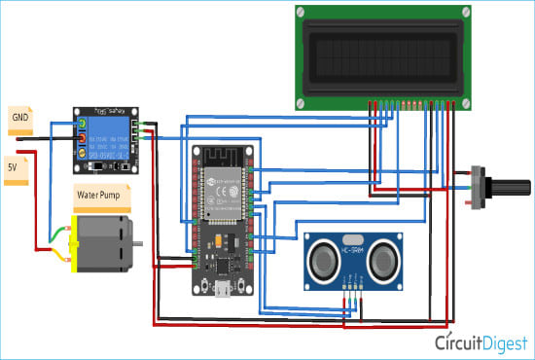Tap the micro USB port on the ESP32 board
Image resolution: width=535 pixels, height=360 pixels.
point(224,288)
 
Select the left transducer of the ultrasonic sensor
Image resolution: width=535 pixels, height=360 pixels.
point(324,258)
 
